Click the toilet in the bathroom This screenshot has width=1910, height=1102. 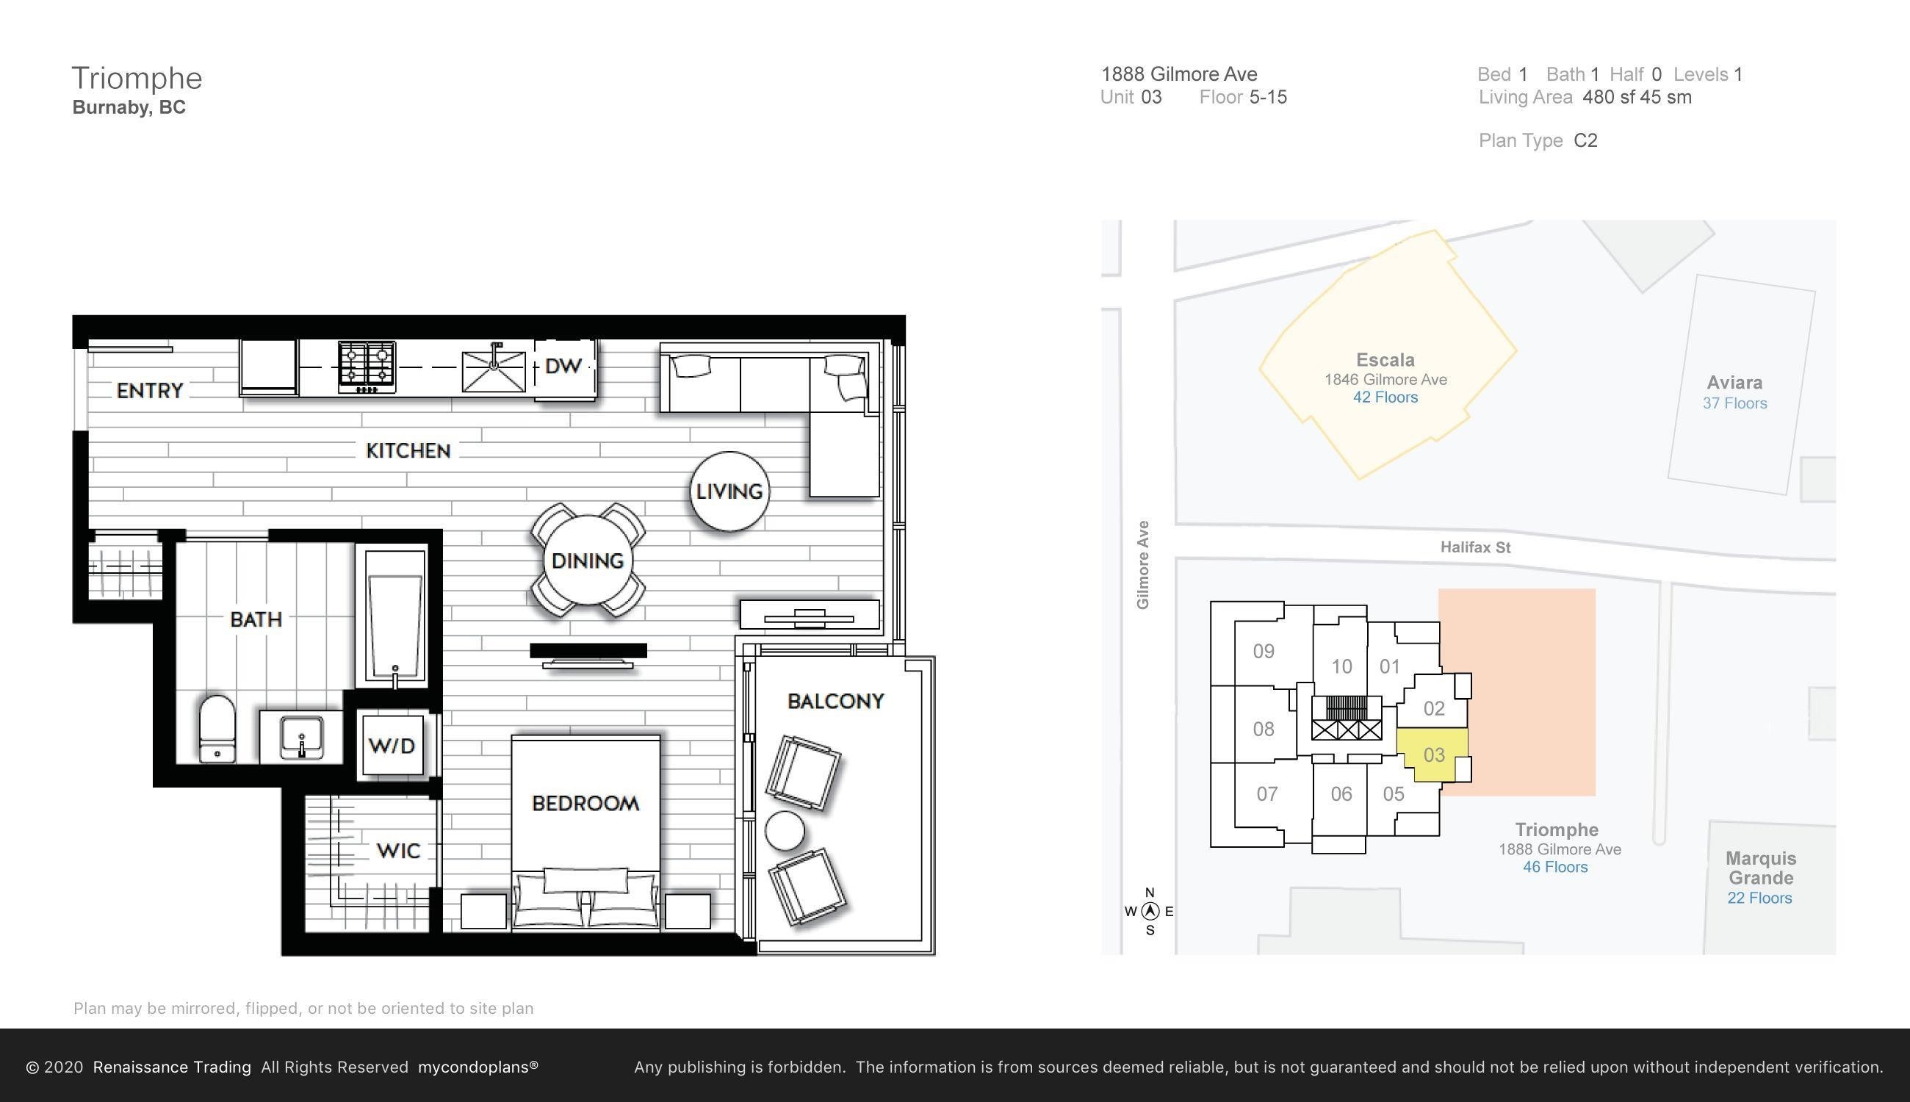(x=217, y=729)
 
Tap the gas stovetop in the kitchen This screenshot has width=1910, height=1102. (x=367, y=367)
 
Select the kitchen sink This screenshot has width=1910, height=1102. (x=494, y=369)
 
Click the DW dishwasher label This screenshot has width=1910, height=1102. (x=563, y=367)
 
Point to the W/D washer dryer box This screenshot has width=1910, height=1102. (x=392, y=746)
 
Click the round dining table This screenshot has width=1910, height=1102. (x=588, y=560)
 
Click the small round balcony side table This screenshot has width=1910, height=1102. (x=785, y=830)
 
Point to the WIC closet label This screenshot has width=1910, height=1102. (x=398, y=851)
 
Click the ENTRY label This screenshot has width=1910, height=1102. (x=150, y=391)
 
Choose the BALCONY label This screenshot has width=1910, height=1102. (x=835, y=701)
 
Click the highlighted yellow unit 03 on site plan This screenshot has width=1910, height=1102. (x=1432, y=755)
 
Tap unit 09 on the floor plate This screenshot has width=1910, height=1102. (x=1264, y=651)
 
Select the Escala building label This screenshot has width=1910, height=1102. (x=1385, y=360)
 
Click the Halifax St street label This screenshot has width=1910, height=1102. (x=1476, y=547)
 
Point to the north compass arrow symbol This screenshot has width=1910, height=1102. (x=1150, y=910)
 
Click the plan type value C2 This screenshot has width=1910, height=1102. (x=1585, y=141)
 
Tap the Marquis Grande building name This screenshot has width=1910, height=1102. (x=1761, y=868)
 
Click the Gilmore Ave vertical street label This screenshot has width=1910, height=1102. (x=1142, y=565)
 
